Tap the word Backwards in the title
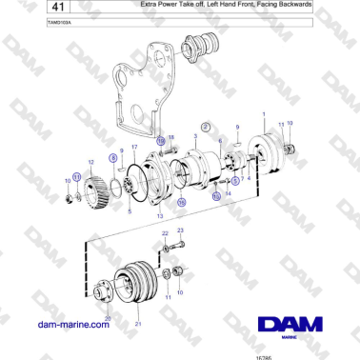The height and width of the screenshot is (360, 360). [x=292, y=6]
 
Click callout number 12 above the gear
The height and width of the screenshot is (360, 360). [x=90, y=160]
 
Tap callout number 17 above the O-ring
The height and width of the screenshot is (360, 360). [x=134, y=148]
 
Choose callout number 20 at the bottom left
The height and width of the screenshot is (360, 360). [x=108, y=316]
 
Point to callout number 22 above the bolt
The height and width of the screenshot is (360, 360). [x=164, y=232]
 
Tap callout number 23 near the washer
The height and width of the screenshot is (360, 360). [x=180, y=231]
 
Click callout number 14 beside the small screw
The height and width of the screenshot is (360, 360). [x=228, y=194]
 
